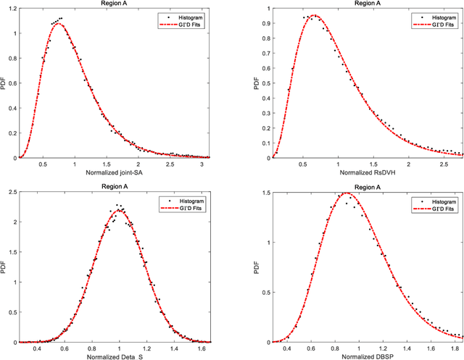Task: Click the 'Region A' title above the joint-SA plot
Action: tap(114, 4)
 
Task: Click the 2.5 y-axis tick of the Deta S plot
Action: tap(12, 192)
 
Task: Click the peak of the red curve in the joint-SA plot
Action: tap(58, 25)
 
